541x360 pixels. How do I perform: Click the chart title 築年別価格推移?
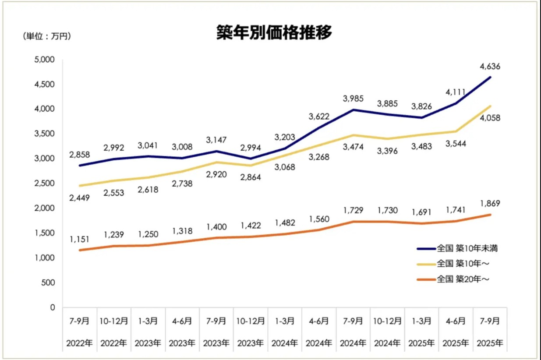coord(274,32)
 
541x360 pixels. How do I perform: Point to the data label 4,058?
coord(489,118)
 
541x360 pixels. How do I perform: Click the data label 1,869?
coord(489,203)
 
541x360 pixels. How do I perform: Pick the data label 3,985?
coord(354,98)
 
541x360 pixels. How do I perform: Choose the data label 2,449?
coord(79,198)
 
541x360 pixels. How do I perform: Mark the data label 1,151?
coord(79,240)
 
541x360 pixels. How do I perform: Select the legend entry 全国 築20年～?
coord(463,279)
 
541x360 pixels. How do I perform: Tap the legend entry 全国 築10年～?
coord(463,264)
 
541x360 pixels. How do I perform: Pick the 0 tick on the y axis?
coord(53,307)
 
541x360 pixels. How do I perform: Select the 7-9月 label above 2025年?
coord(490,321)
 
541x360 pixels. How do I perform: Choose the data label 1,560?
coord(319,219)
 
